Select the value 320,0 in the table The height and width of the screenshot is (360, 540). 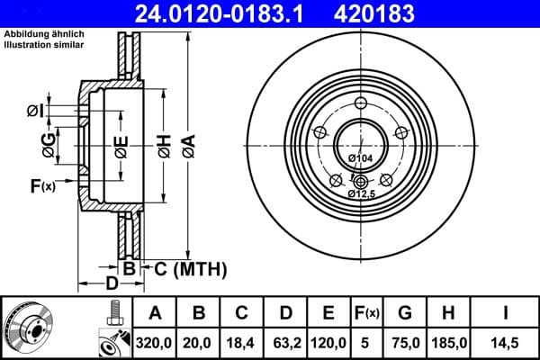point(155,343)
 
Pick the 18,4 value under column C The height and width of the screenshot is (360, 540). point(242,343)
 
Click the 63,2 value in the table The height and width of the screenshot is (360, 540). point(285,343)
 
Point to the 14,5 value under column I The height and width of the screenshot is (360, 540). point(507,343)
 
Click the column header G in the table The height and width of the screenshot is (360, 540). point(405,312)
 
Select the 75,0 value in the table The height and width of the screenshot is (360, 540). point(405,343)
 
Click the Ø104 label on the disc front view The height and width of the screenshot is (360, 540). point(360,159)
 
